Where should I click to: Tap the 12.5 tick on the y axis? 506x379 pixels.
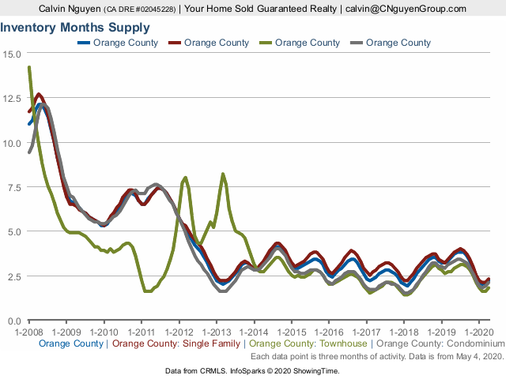(13, 98)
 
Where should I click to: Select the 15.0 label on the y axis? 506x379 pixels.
(13, 54)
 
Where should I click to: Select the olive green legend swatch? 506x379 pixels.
(265, 43)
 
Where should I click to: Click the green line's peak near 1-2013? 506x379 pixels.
(223, 174)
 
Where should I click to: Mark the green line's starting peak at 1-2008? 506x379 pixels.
(29, 68)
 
